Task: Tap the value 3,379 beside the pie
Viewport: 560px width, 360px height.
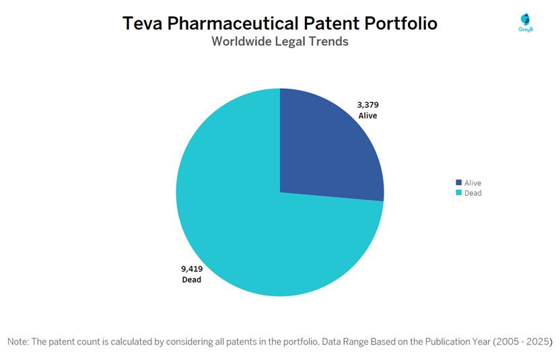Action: (x=368, y=104)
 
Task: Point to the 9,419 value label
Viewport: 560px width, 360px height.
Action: (x=192, y=268)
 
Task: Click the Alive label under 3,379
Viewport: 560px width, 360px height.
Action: (x=367, y=116)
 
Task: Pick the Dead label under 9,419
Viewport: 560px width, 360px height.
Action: (x=191, y=280)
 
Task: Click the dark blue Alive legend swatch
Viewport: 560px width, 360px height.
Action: (x=459, y=182)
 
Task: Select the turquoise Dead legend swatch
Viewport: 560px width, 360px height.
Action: (x=459, y=193)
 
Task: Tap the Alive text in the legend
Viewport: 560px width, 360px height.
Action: (x=473, y=182)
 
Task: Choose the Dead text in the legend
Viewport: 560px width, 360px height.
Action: (x=473, y=193)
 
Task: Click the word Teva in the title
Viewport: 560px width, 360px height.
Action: (x=144, y=24)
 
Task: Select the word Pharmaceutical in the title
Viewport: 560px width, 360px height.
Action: (x=234, y=24)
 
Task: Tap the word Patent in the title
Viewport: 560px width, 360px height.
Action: (x=333, y=24)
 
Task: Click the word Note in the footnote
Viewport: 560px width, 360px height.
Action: (x=18, y=342)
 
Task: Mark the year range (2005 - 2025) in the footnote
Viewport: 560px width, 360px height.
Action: (x=522, y=342)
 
